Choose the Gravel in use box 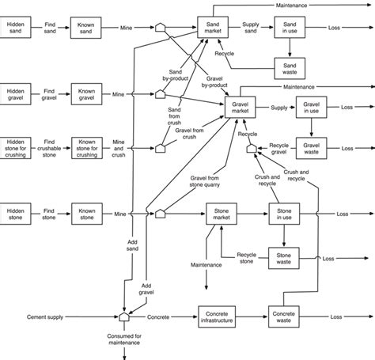click(311, 108)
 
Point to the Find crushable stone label click(49, 147)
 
